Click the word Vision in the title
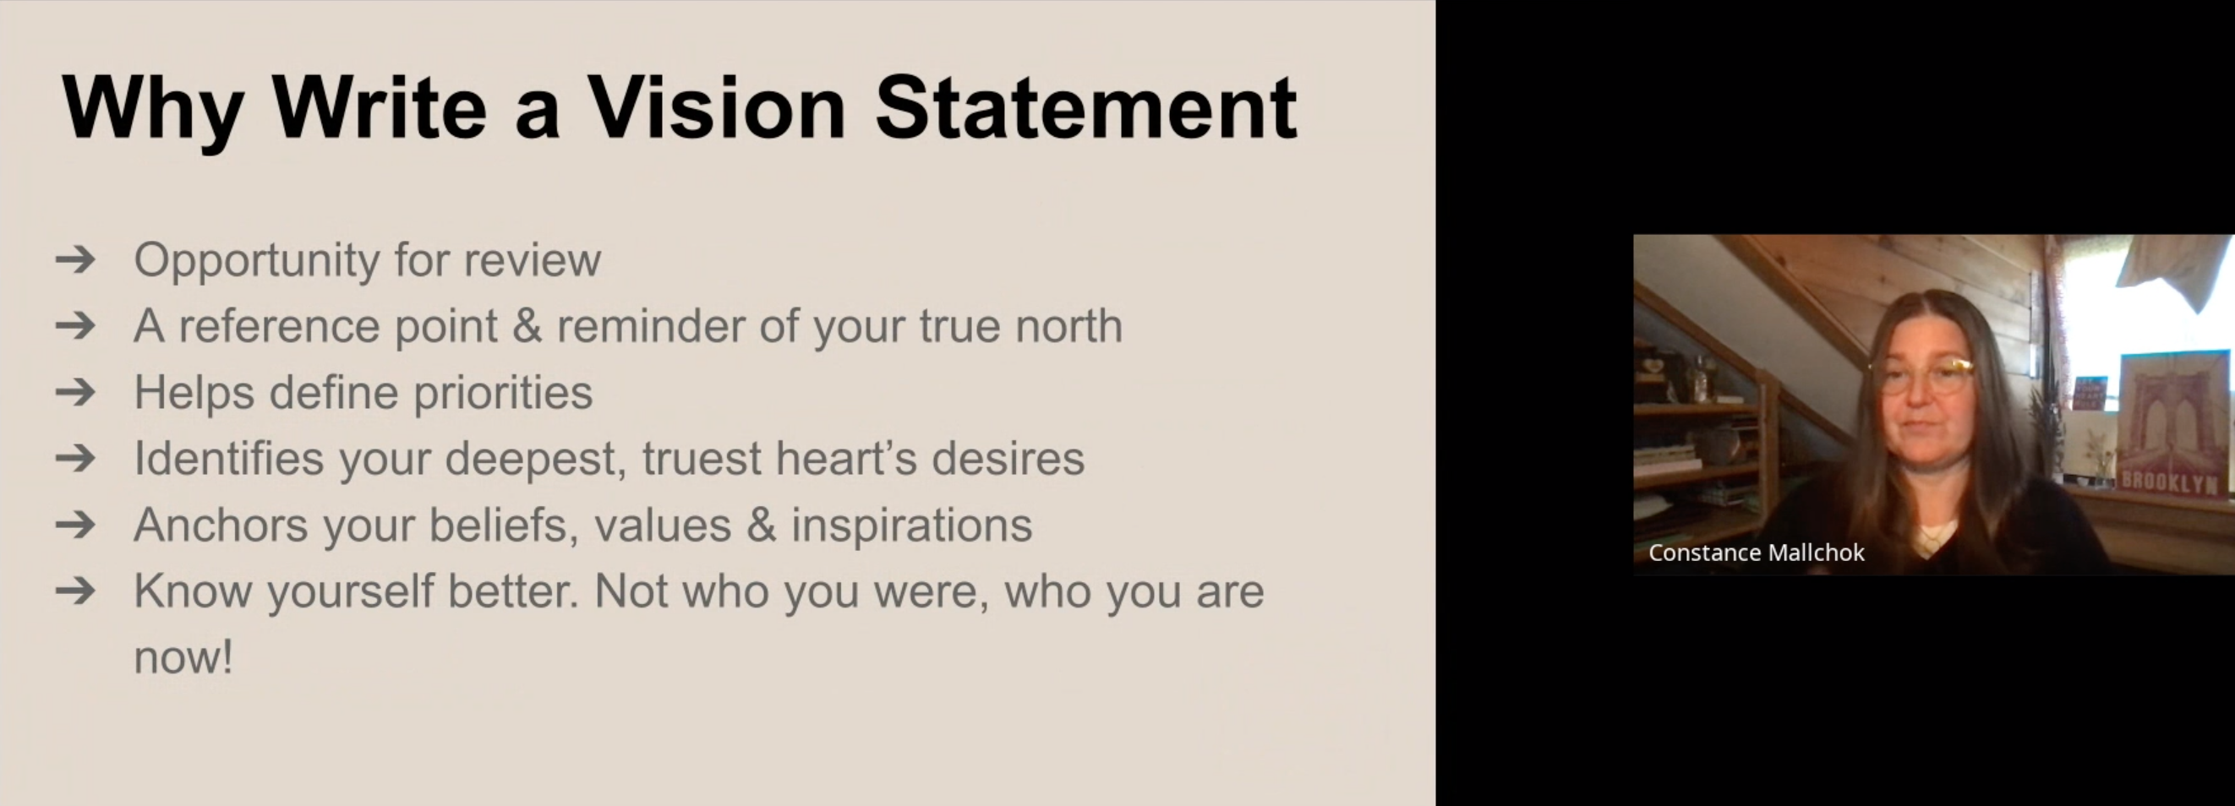click(x=716, y=107)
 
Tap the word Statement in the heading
click(x=1086, y=107)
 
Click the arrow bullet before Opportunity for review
click(x=75, y=259)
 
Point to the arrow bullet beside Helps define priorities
click(x=75, y=392)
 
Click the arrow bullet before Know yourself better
click(x=75, y=591)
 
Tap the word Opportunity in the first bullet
click(x=257, y=261)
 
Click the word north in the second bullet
click(x=1069, y=326)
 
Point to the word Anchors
click(x=221, y=525)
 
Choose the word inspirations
click(x=911, y=525)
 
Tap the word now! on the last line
click(x=183, y=656)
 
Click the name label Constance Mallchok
click(x=1756, y=553)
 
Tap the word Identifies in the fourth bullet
click(x=228, y=458)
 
